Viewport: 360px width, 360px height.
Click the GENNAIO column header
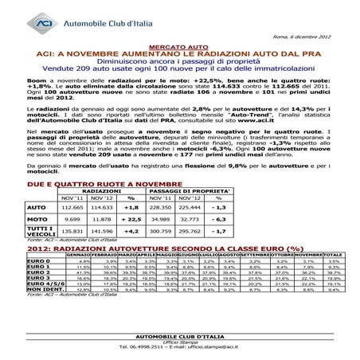[84, 255]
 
